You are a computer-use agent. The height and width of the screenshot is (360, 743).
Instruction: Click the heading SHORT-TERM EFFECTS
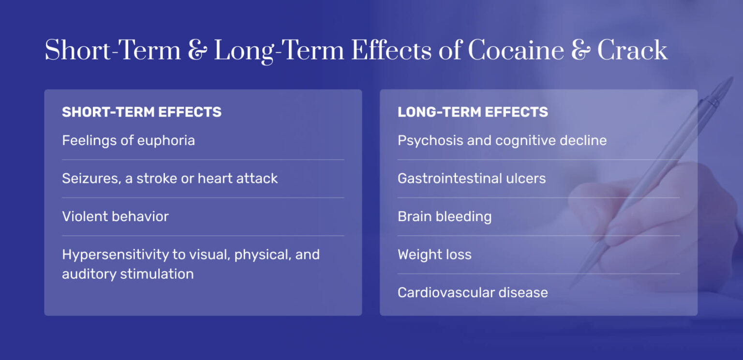[142, 112]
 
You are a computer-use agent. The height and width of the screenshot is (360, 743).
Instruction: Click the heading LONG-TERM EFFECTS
[473, 112]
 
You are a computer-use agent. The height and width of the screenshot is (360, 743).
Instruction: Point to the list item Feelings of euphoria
[128, 141]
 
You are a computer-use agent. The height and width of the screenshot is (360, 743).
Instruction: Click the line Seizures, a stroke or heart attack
[170, 179]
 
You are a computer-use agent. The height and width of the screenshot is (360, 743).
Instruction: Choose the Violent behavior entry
[115, 216]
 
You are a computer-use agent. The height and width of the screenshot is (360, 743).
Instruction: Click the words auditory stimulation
[128, 274]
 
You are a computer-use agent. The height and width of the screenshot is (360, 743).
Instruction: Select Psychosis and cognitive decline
[502, 141]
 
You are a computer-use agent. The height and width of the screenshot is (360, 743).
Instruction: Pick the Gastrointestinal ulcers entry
[472, 179]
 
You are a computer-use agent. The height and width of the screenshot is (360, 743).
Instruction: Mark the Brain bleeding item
[445, 216]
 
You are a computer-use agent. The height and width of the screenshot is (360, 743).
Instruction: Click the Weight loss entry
[434, 255]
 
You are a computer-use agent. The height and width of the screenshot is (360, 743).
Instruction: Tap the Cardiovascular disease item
[473, 293]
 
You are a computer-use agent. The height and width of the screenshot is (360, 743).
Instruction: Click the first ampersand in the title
[197, 51]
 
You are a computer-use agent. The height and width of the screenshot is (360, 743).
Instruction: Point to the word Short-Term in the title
[112, 50]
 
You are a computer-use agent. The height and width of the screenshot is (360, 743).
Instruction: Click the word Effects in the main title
[391, 50]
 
